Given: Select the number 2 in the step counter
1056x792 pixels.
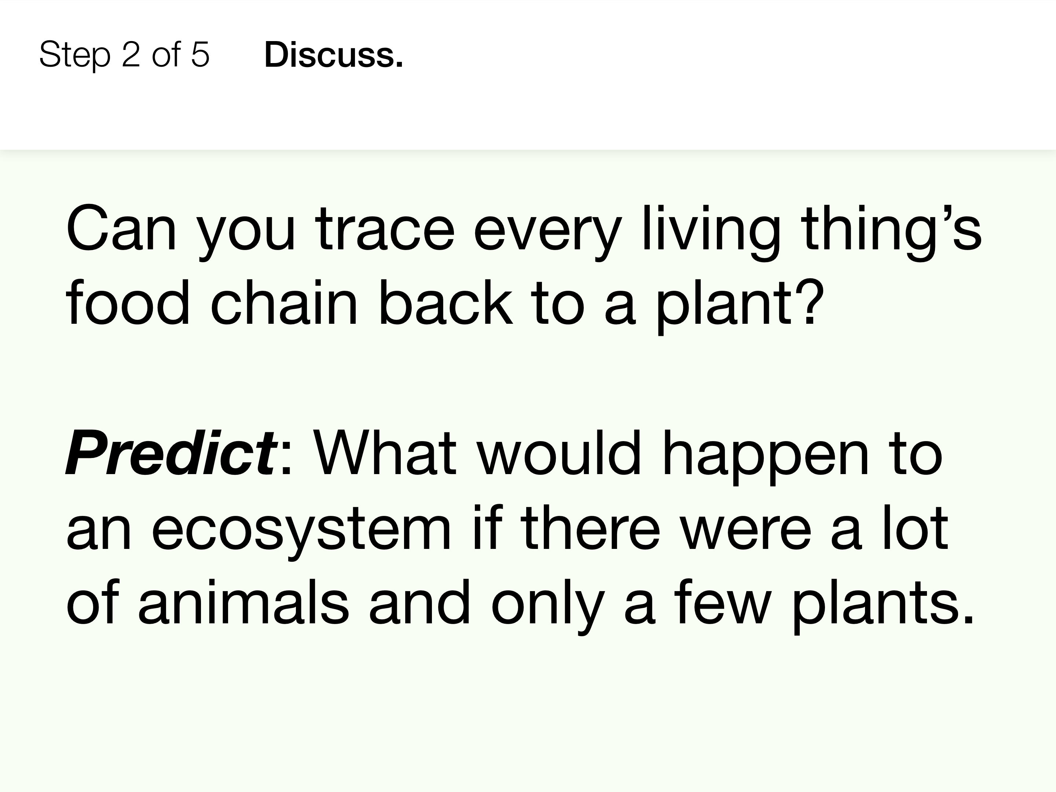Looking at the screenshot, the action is [x=131, y=54].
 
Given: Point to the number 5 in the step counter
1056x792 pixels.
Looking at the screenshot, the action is [x=200, y=54].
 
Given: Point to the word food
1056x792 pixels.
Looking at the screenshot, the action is [x=128, y=302].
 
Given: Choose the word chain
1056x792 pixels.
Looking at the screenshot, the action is [x=283, y=302].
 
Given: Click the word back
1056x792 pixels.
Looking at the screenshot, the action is [x=445, y=302].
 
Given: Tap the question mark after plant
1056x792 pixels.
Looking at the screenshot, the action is [x=809, y=302].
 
